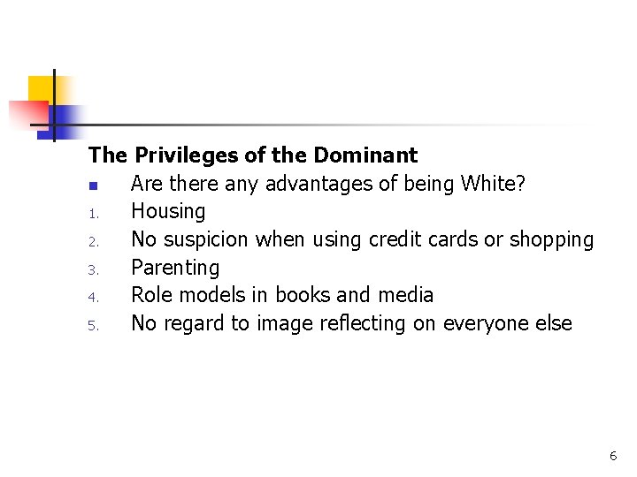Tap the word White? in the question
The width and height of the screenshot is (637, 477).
(495, 184)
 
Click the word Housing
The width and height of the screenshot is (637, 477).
(168, 212)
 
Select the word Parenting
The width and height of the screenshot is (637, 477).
(175, 268)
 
